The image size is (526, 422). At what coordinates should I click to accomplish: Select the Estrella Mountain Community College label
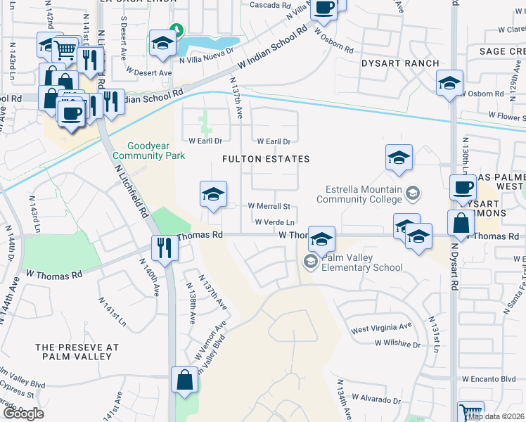coord(364,194)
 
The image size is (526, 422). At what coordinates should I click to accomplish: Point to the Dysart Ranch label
coord(390,62)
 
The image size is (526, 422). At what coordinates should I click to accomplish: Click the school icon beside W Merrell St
coord(212,195)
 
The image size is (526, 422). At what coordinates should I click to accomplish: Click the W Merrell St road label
coord(269,206)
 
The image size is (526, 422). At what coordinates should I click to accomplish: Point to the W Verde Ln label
coord(274,222)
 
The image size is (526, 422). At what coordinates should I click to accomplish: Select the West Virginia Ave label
coord(381,328)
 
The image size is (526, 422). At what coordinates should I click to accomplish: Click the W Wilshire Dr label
coord(397,345)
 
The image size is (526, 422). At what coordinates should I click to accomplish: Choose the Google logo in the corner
coord(23,414)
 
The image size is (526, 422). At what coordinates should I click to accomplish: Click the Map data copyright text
coord(496,416)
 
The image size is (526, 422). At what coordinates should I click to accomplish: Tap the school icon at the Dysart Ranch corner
coord(449,84)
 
